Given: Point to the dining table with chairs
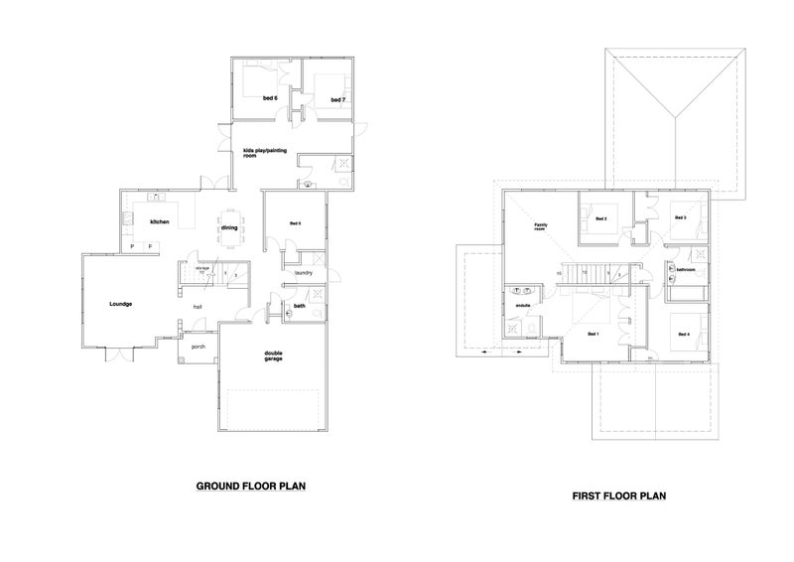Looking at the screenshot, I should click(x=229, y=225).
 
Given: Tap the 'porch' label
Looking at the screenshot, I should click(x=198, y=347).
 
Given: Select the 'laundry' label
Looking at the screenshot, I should click(x=304, y=272).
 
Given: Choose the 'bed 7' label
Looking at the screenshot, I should click(x=337, y=99).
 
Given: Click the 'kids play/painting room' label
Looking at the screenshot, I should click(x=264, y=153).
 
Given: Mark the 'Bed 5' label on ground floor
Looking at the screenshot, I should click(x=295, y=223).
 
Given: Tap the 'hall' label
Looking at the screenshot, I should click(x=198, y=307).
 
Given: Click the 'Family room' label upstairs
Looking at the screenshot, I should click(x=541, y=226).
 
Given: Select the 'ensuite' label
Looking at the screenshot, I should click(x=523, y=305).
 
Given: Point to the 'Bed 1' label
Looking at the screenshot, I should click(x=594, y=334).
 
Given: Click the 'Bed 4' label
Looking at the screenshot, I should click(x=684, y=334).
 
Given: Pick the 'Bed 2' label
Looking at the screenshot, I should click(x=600, y=217).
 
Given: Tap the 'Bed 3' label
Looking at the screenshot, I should click(x=680, y=217).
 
